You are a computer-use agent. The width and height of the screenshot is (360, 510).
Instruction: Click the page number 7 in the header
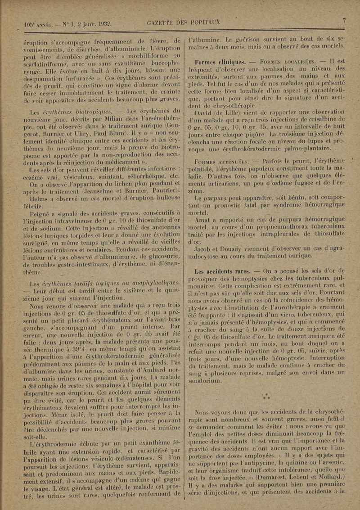(343, 20)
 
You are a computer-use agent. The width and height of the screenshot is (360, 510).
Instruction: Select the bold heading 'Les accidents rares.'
(224, 271)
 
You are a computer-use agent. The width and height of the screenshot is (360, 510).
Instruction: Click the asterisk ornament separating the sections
(266, 397)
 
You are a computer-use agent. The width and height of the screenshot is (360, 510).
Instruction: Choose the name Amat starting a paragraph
(204, 219)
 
